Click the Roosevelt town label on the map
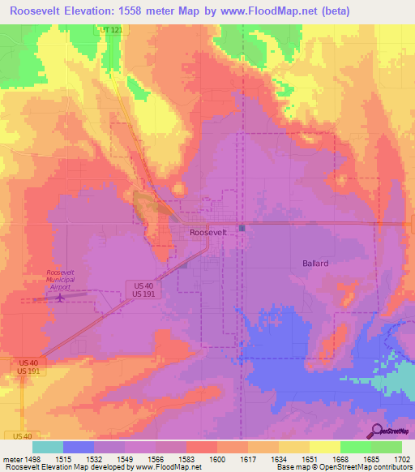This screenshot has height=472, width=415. pos(208,232)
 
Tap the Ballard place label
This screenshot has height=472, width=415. pos(315,264)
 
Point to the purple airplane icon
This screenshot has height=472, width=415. pos(62,298)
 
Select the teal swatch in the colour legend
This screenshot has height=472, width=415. pos(48,447)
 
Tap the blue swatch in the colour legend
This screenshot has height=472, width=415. pos(79,447)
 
